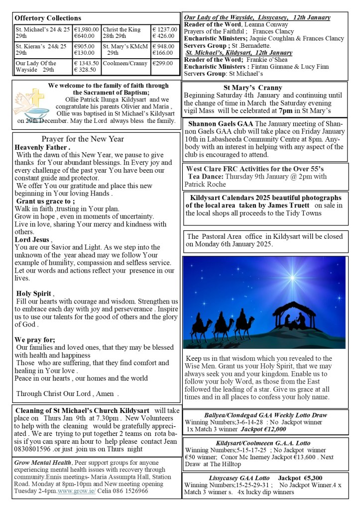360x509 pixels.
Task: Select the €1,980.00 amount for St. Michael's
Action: click(86, 29)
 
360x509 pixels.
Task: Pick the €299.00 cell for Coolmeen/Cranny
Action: click(163, 63)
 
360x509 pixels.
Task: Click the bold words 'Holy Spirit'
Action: click(34, 293)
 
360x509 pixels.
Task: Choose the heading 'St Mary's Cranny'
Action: click(252, 88)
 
